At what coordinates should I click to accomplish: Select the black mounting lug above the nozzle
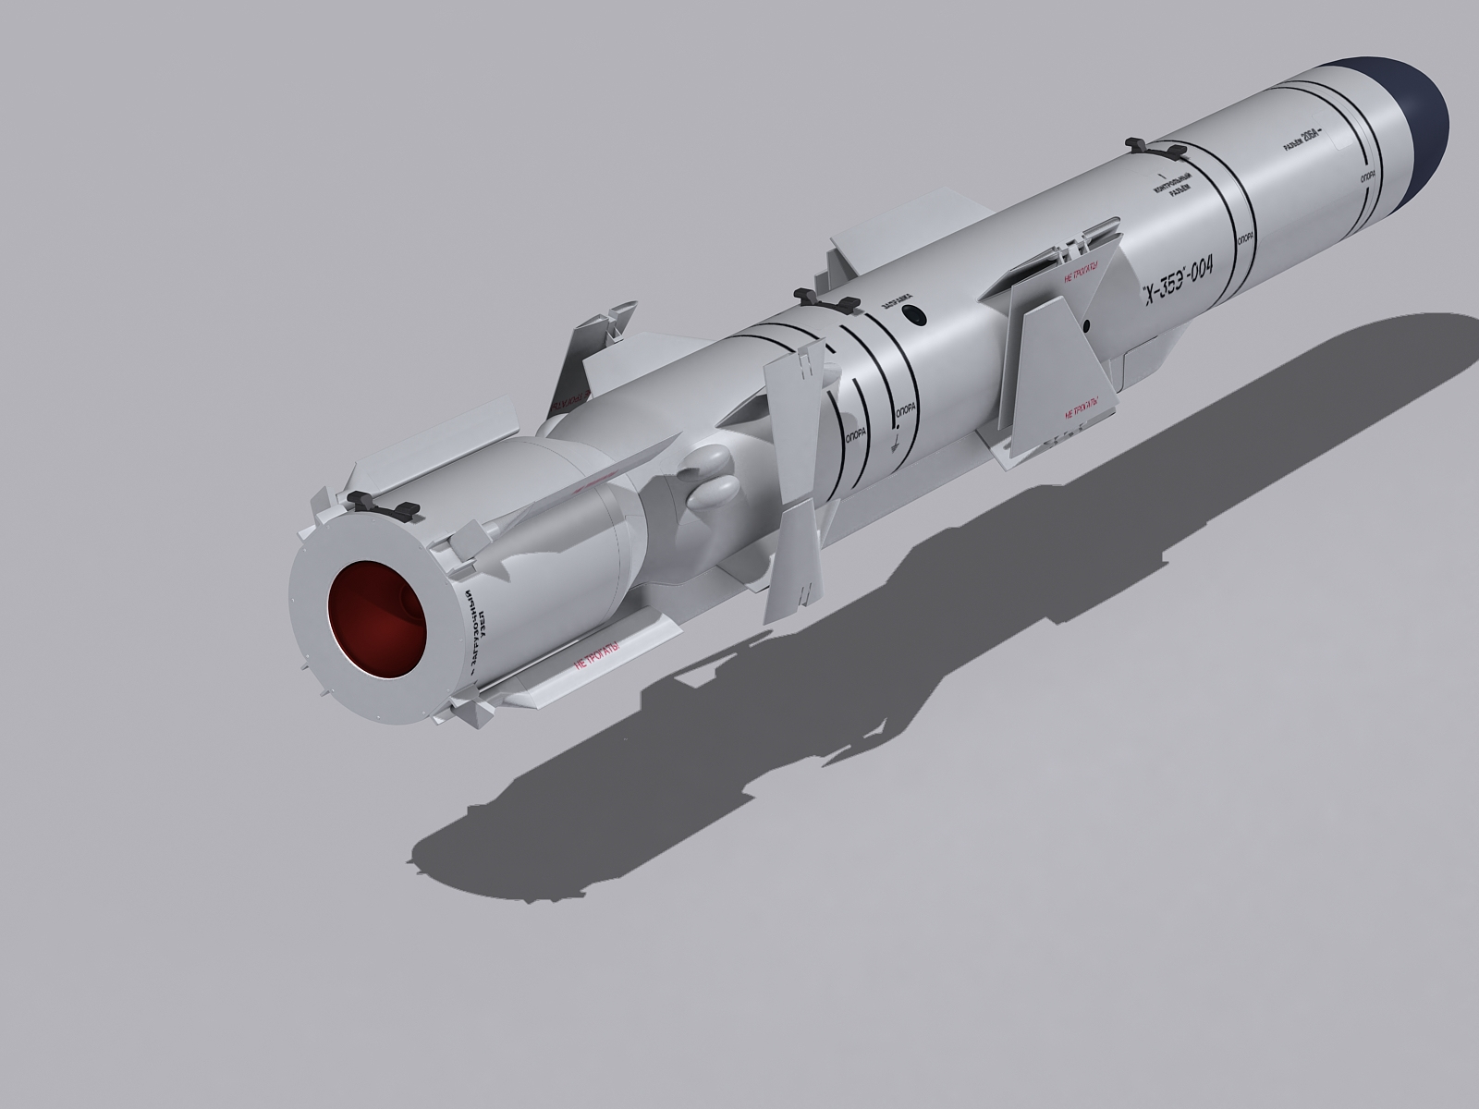tap(384, 504)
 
